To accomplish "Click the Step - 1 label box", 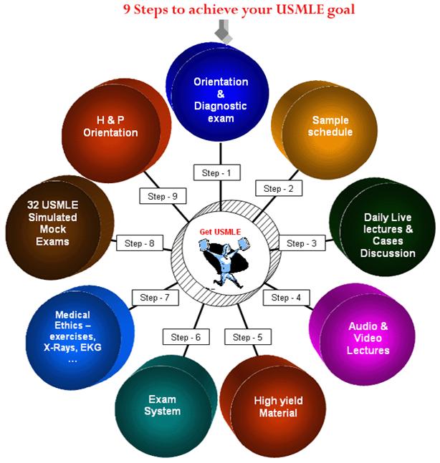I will [x=216, y=172].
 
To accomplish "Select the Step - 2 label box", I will [x=278, y=189].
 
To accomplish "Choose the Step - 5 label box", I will [x=248, y=336].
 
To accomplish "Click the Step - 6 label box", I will [x=186, y=337].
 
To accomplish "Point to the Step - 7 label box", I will [x=154, y=297].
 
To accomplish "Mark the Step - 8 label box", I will [x=139, y=243].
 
